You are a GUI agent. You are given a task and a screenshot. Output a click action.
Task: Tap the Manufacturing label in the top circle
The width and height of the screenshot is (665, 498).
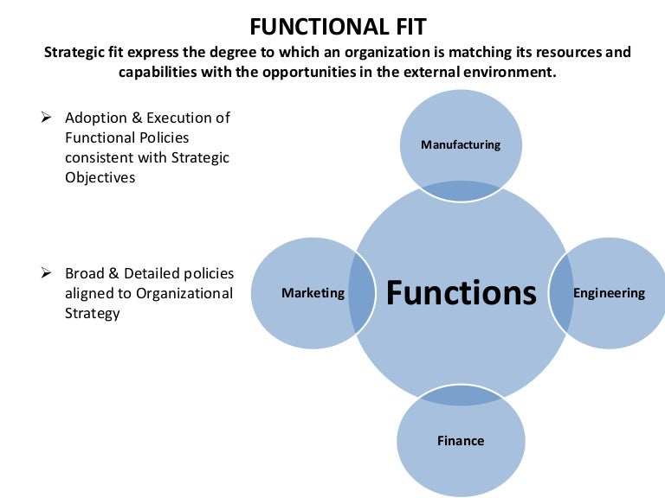point(461,144)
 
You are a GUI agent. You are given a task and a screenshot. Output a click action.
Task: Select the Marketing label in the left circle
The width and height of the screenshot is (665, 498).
point(313,293)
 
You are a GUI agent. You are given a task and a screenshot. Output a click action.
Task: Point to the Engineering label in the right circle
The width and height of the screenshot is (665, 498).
point(609,293)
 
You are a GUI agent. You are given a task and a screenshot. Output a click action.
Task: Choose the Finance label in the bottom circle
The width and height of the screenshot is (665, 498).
point(461,441)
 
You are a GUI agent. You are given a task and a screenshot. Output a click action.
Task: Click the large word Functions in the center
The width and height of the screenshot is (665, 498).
point(461,292)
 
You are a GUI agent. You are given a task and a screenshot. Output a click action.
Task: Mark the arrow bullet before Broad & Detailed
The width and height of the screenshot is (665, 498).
point(48,273)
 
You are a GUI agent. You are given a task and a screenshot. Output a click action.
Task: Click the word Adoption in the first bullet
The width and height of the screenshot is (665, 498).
point(95,118)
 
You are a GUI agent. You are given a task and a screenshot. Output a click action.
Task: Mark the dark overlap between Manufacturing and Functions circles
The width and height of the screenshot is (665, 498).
point(461,189)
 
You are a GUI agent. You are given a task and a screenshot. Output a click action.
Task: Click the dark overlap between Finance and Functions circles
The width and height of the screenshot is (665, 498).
point(461,395)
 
